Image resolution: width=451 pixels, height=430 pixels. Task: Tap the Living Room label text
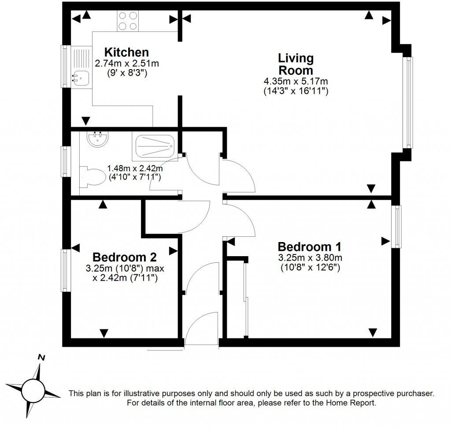click(296, 64)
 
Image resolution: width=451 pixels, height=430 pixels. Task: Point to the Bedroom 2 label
click(124, 257)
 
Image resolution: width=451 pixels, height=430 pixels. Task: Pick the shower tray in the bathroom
click(154, 146)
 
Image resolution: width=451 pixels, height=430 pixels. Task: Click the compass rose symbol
click(33, 388)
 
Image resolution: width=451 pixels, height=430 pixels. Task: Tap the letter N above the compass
click(41, 357)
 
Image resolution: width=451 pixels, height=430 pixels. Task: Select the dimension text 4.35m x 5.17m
click(296, 81)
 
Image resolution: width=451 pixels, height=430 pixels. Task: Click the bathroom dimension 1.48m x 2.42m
click(135, 169)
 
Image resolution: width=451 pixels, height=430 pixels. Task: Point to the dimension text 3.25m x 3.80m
click(310, 257)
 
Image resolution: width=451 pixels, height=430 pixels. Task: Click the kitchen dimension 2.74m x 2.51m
click(127, 63)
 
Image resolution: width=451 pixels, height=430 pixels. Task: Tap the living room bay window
click(410, 102)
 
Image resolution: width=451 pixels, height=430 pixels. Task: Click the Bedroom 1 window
click(397, 226)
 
